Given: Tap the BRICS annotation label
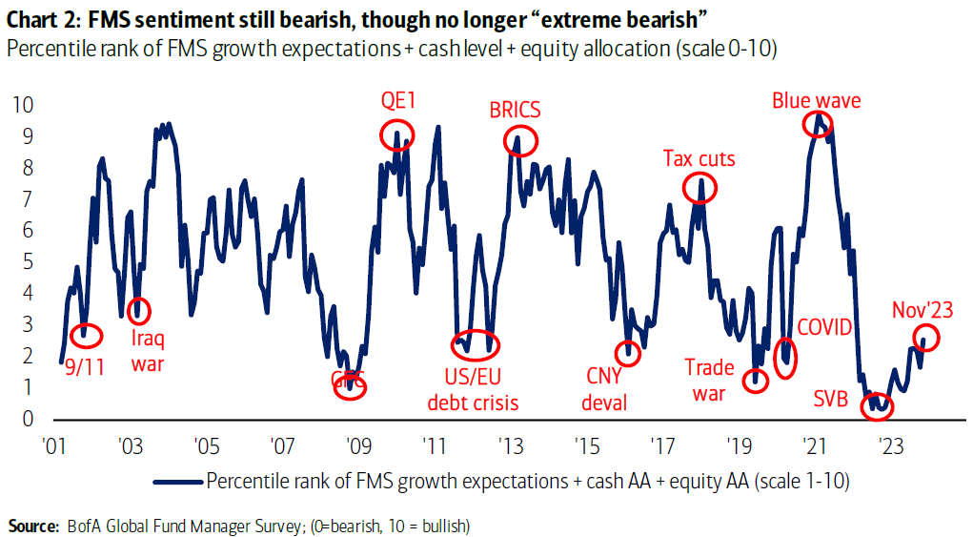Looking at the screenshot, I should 515,110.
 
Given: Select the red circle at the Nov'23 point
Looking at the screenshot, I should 926,337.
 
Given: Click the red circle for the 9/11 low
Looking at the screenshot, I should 87,334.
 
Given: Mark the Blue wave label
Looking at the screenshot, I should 816,100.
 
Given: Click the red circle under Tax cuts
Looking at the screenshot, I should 700,188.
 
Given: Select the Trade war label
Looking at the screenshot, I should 710,380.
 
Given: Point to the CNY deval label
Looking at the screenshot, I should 605,388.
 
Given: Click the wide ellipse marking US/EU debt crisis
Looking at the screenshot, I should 474,344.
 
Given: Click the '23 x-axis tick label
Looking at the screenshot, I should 890,445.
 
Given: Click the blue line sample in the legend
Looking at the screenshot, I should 178,481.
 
